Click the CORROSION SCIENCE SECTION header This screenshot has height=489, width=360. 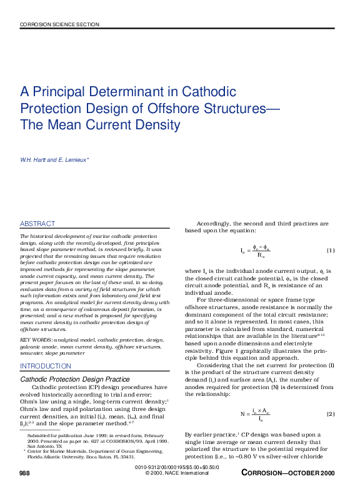[59, 24]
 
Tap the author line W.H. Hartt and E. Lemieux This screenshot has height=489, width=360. [55, 161]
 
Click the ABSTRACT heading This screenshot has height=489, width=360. [37, 224]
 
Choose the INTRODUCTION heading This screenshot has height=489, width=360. [46, 366]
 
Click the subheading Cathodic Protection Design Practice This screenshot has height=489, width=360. [75, 379]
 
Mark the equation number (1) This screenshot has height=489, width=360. [331, 251]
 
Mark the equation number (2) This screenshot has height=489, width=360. [331, 414]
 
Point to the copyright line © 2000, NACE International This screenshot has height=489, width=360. [177, 473]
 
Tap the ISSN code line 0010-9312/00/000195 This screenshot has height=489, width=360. [177, 467]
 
